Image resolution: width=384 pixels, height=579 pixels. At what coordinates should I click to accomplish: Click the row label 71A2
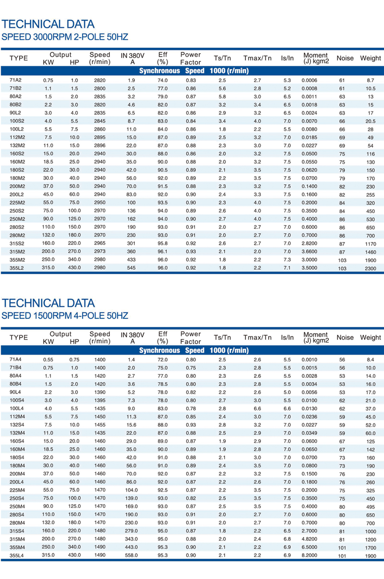click(x=15, y=80)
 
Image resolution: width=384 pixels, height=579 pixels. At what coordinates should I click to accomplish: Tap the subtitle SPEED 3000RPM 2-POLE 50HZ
click(x=65, y=36)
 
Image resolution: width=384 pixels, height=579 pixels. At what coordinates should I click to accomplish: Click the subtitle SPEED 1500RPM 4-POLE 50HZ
click(x=65, y=316)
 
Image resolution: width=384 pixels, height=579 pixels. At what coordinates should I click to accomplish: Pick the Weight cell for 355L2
click(x=371, y=268)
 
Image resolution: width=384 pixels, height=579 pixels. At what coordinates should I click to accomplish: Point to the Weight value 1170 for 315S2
click(x=371, y=243)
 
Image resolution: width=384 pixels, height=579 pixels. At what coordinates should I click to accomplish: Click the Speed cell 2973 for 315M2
click(x=99, y=252)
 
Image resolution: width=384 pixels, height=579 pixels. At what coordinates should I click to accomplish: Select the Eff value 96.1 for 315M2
click(x=163, y=252)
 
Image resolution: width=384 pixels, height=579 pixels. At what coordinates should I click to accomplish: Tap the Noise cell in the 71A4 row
click(x=342, y=360)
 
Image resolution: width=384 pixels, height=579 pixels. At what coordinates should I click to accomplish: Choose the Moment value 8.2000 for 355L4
click(x=311, y=555)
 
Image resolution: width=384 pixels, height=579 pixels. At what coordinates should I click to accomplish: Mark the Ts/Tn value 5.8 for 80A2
click(x=222, y=96)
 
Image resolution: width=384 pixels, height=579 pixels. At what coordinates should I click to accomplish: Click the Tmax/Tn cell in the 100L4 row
click(x=257, y=409)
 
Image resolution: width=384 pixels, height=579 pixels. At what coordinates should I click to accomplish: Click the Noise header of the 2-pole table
click(x=345, y=58)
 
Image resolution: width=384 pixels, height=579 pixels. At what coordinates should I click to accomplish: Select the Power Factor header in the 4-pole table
click(x=191, y=338)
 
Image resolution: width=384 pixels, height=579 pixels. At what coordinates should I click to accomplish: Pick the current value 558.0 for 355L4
click(x=131, y=555)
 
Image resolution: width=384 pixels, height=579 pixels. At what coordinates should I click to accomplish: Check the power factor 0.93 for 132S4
click(x=191, y=425)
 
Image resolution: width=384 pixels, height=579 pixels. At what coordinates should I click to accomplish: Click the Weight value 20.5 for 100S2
click(x=371, y=121)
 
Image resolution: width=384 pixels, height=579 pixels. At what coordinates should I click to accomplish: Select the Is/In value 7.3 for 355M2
click(x=287, y=260)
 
